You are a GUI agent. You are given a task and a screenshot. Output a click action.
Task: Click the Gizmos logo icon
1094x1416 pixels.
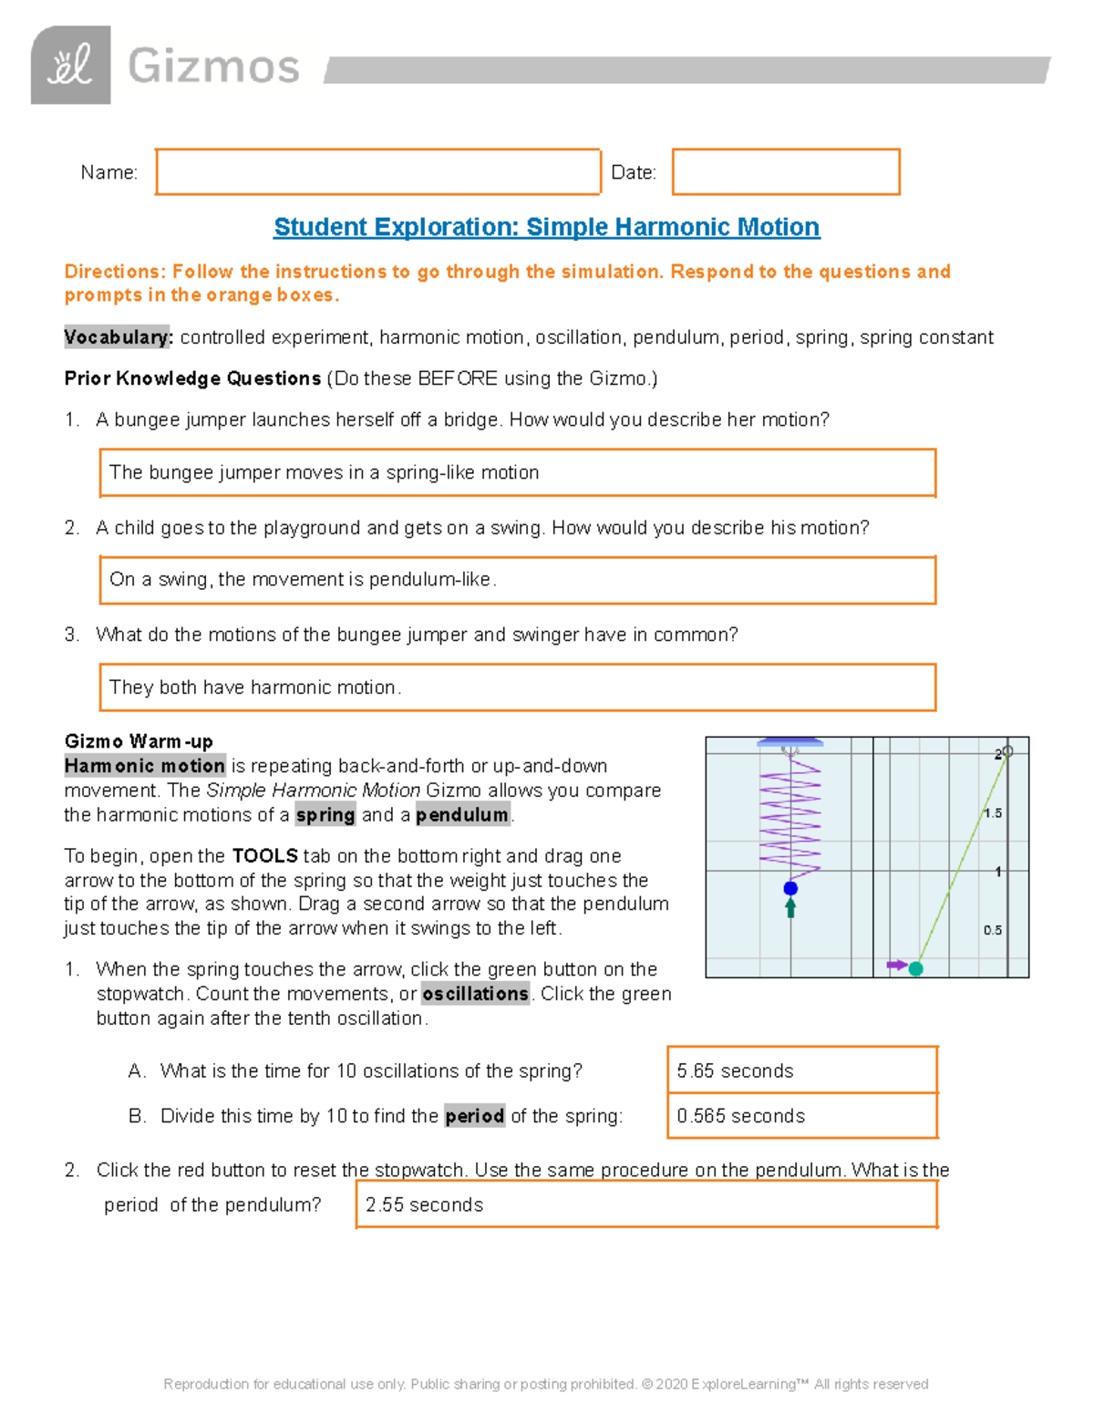coord(71,66)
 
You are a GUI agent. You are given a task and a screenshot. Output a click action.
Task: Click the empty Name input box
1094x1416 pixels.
coord(377,172)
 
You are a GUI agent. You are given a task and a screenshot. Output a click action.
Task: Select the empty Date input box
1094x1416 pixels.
coord(786,172)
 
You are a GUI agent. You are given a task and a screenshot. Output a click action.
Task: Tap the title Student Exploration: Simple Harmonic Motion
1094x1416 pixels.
coord(546,227)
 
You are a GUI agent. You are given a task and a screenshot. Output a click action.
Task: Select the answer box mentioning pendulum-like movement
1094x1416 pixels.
coord(517,580)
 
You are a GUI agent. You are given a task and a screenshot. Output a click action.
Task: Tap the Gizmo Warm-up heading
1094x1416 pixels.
coord(139,741)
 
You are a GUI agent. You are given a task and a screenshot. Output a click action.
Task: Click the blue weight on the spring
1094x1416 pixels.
coord(790,888)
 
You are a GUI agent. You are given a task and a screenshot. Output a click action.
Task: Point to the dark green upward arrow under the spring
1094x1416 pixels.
coord(790,907)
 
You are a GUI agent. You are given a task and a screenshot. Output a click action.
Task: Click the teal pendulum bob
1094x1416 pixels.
coord(916,968)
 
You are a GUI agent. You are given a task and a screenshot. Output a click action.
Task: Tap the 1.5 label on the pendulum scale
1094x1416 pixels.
coord(993,813)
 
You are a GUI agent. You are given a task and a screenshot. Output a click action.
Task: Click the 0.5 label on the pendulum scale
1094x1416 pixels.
coord(993,930)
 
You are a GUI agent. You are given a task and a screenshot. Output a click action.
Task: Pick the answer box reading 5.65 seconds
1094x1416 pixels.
coord(801,1070)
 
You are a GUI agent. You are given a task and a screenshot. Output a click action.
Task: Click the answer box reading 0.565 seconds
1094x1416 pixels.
coord(801,1116)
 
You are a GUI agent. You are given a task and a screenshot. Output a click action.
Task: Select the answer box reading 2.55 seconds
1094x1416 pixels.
coord(645,1205)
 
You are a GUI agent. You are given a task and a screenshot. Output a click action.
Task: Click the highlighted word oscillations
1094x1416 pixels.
coord(475,994)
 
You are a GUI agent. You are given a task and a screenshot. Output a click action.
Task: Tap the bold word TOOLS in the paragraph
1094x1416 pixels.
coord(265,856)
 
